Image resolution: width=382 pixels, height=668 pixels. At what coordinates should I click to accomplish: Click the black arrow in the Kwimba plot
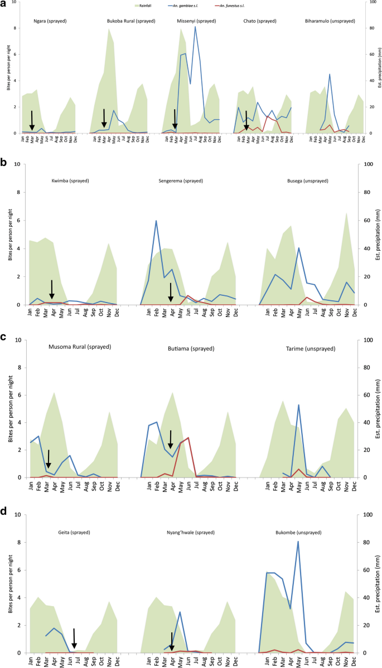[52, 289]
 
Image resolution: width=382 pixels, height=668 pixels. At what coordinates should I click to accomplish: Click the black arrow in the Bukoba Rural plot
[104, 118]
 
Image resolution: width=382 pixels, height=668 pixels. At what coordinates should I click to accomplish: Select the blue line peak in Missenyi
[195, 27]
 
